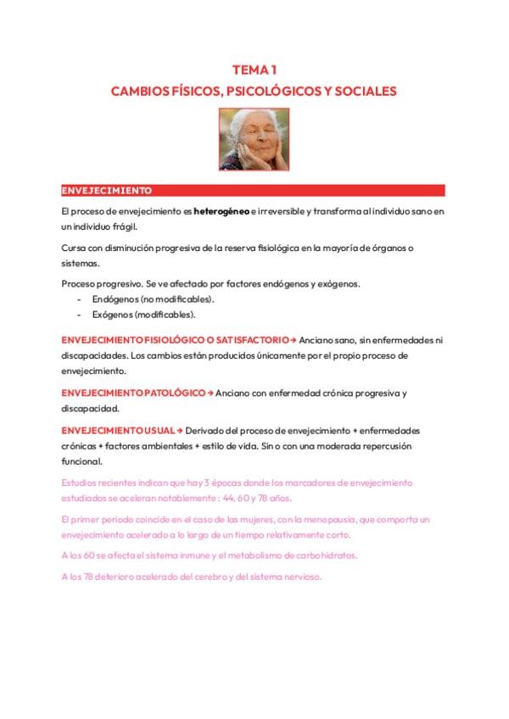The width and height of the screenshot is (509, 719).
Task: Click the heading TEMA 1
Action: point(255,70)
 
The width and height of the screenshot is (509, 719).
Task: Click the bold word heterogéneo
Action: point(221,210)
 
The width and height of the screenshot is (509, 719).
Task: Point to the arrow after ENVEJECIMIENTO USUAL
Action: point(180,431)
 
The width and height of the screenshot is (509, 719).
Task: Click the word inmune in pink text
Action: point(178,555)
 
